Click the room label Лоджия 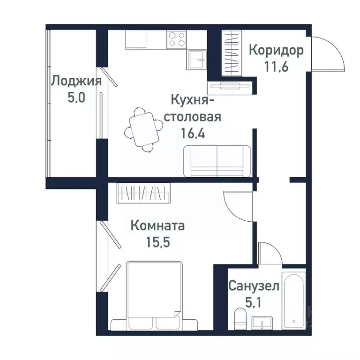click(76, 81)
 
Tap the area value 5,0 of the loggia click(76, 98)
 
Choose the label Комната click(157, 226)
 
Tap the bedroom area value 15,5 click(157, 243)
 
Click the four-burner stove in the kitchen click(177, 39)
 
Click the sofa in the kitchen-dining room click(217, 161)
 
